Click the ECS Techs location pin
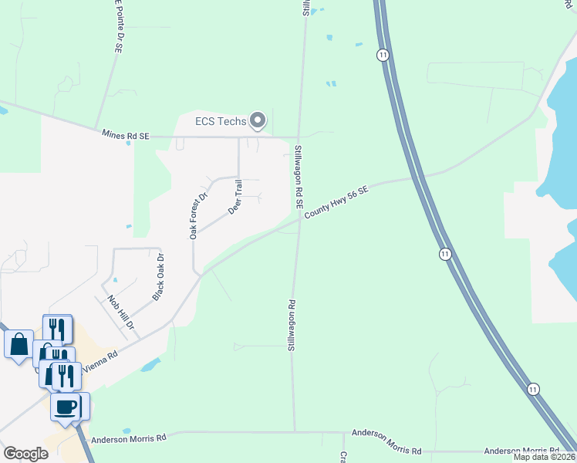pos(258,120)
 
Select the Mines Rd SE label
pos(125,134)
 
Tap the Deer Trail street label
pos(235,197)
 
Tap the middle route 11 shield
pos(445,254)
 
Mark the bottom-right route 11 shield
pos(533,388)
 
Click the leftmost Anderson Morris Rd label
pos(129,438)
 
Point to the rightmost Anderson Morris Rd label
pos(521,451)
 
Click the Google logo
pos(26,454)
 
